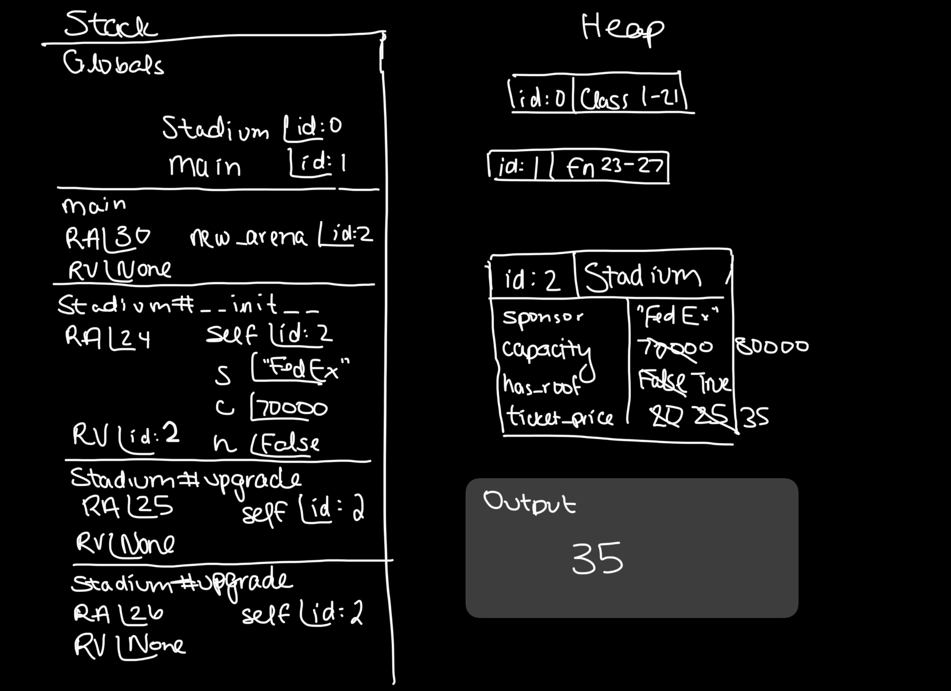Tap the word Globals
point(114,63)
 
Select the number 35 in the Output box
point(597,558)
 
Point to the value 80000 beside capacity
point(772,347)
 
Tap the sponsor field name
point(543,317)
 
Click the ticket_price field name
point(560,417)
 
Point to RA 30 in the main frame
point(107,237)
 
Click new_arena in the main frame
point(248,237)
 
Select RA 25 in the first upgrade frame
point(128,507)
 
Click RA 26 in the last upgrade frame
point(118,613)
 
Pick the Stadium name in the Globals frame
point(215,129)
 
